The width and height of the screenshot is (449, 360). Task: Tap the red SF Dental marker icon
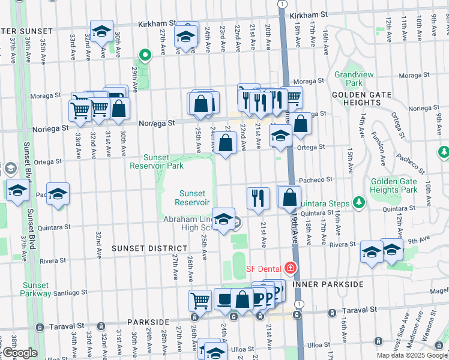pyautogui.click(x=291, y=268)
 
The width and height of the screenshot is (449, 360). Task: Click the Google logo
pyautogui.click(x=19, y=353)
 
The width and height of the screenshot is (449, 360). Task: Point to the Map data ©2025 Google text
pyautogui.click(x=411, y=355)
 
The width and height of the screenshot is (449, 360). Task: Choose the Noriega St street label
pyautogui.click(x=157, y=123)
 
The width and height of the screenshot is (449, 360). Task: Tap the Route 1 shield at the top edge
pyautogui.click(x=281, y=4)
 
